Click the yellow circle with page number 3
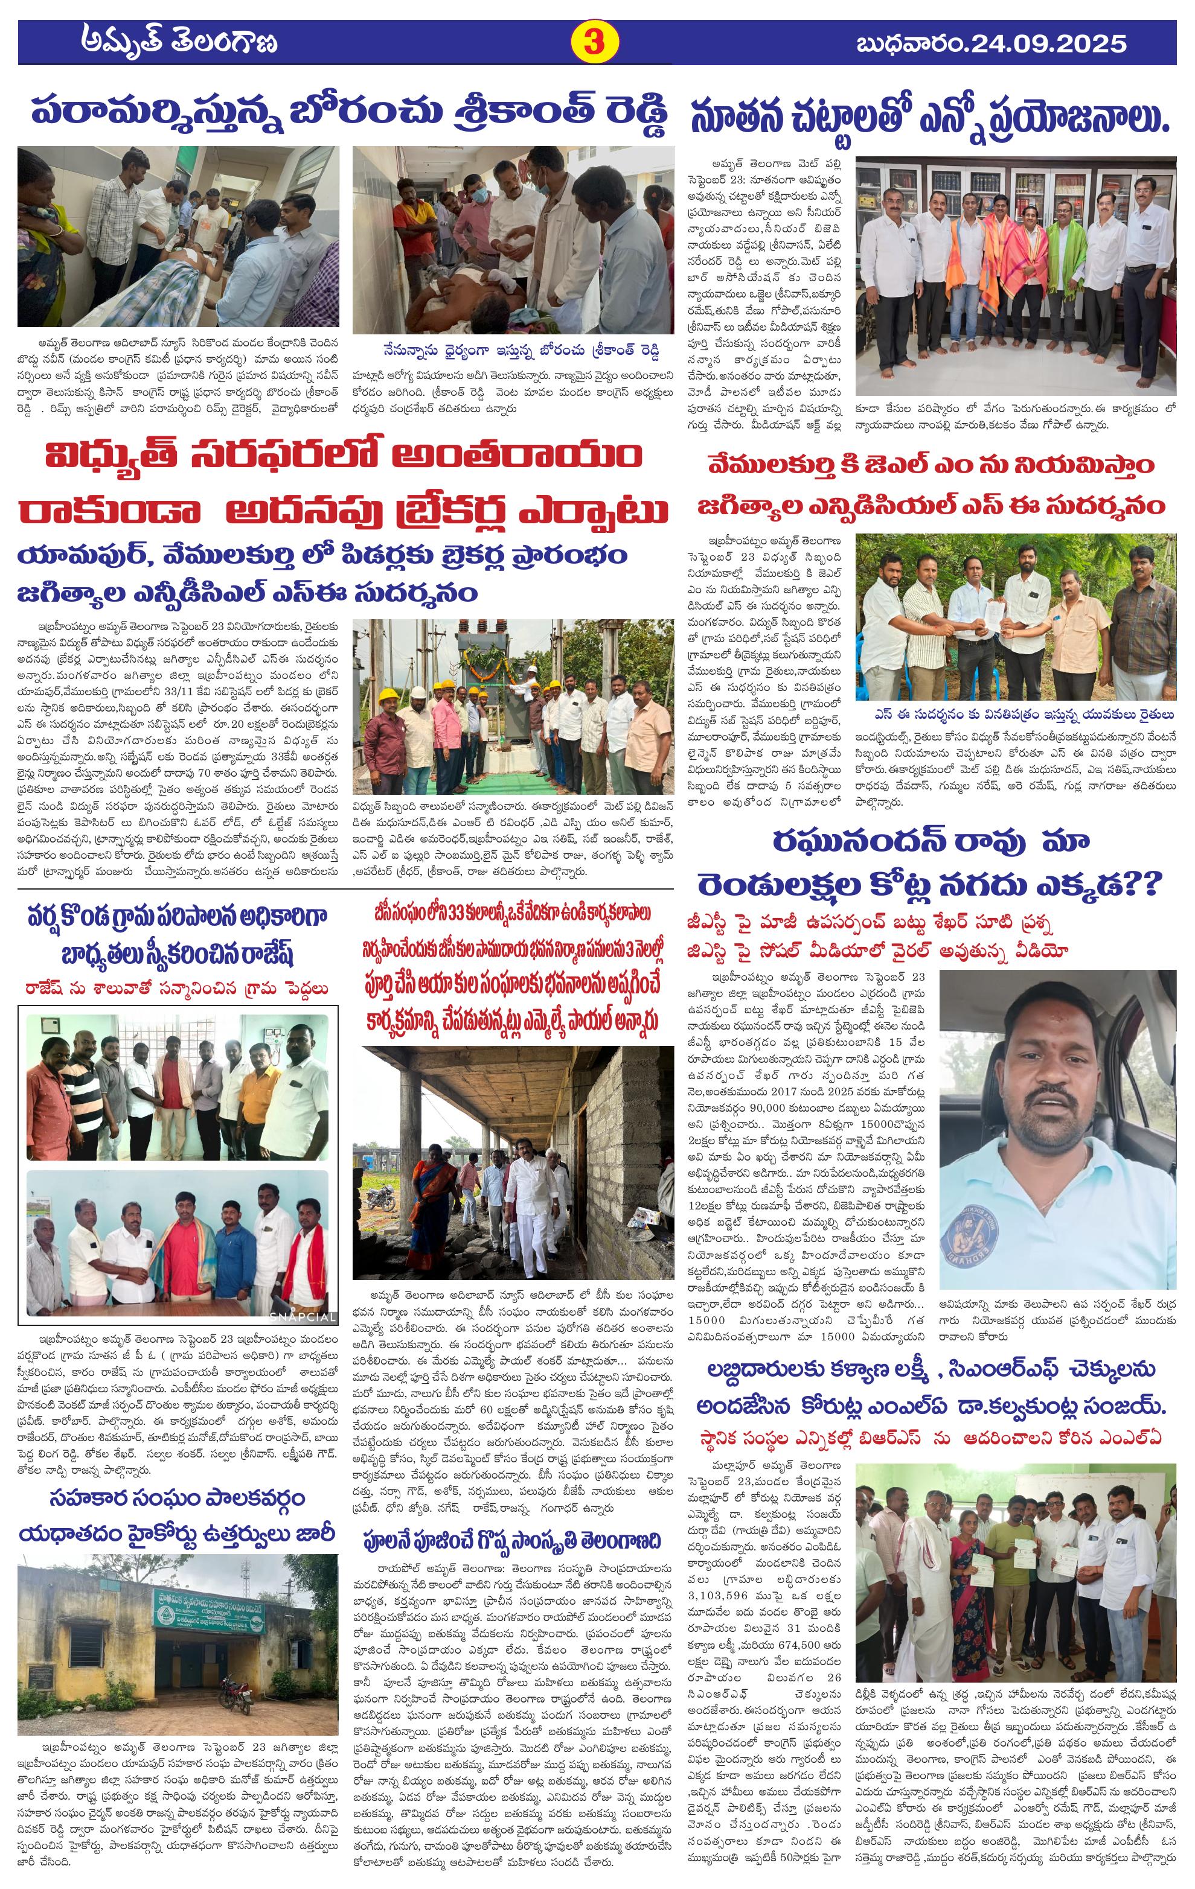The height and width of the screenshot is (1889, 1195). pyautogui.click(x=593, y=42)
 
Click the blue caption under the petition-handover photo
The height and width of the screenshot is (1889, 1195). pyautogui.click(x=1022, y=715)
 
